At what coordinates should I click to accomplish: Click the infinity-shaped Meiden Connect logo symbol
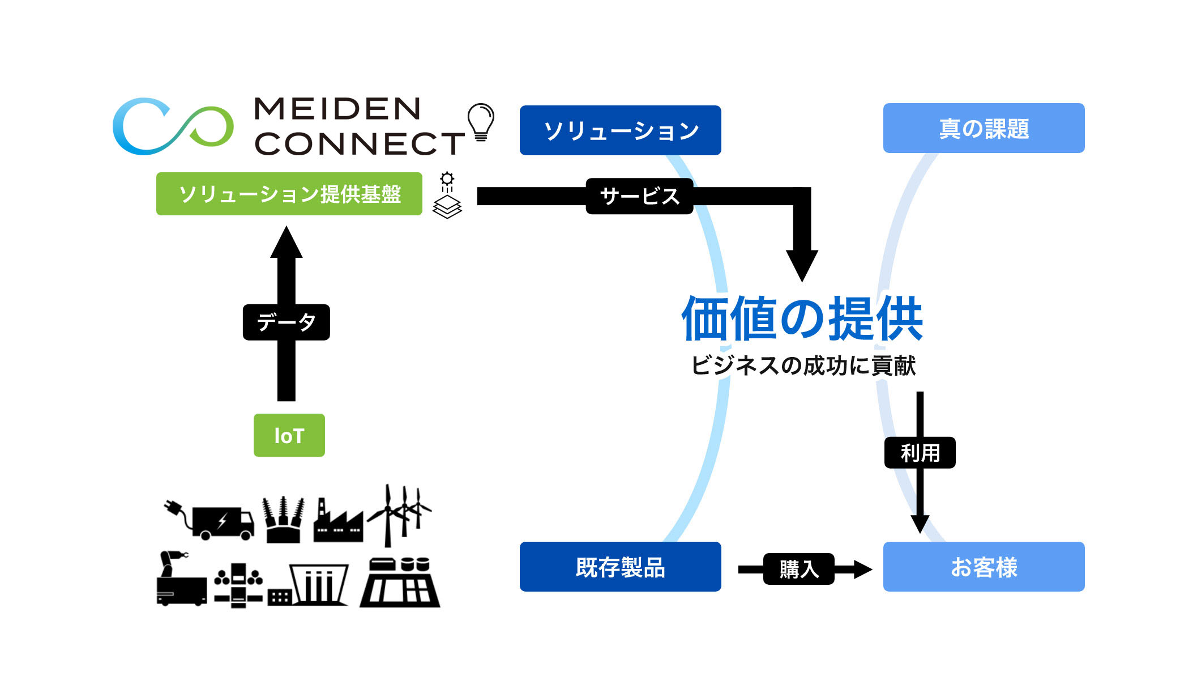coord(173,126)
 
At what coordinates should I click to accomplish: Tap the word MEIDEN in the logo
coord(337,109)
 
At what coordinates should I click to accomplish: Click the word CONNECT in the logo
coord(359,143)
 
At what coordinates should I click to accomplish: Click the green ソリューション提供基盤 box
coord(289,194)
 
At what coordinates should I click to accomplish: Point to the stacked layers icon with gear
coord(447,196)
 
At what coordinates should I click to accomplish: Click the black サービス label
coord(639,196)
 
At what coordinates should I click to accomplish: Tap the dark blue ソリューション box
coord(620,130)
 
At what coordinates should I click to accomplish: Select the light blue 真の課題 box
coord(984,128)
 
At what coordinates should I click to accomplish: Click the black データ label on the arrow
coord(286,322)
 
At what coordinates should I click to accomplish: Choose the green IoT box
coord(289,435)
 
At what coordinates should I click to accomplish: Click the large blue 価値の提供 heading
coord(802,318)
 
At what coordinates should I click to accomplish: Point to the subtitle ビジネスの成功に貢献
coord(802,365)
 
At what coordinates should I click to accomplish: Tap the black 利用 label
coord(920,453)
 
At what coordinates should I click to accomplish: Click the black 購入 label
coord(798,569)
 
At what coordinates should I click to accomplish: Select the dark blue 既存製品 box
coord(620,567)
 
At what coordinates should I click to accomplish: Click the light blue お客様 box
coord(984,567)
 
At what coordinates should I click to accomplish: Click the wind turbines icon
coord(399,513)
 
